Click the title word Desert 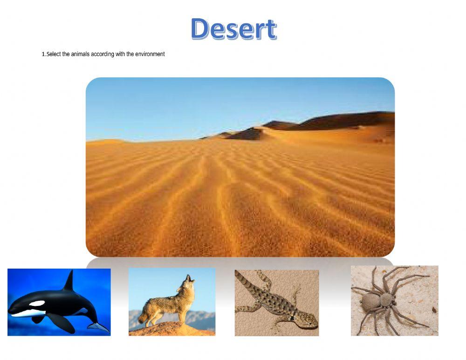[233, 29]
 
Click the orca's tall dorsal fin [69, 281]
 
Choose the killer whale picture [59, 302]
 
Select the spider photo [394, 301]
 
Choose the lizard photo [277, 303]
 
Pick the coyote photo [172, 302]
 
